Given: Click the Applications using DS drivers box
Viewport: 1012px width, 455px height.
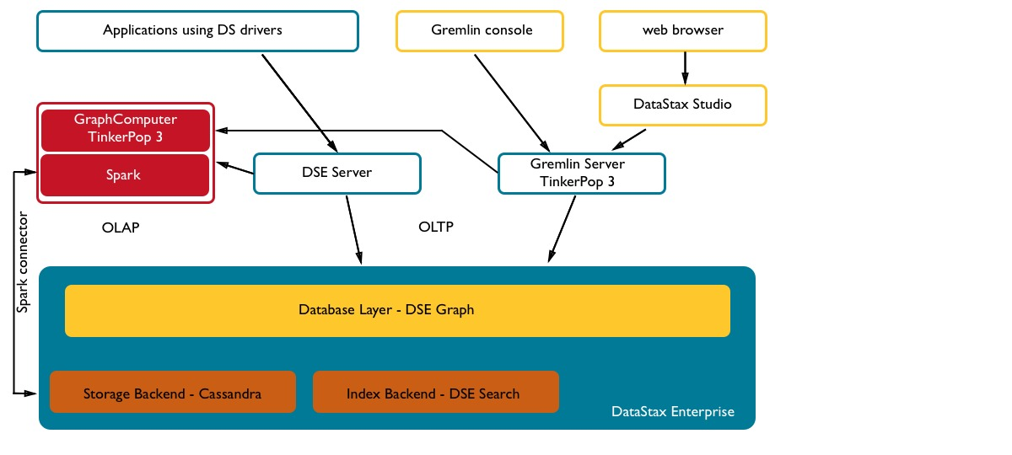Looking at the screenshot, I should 198,30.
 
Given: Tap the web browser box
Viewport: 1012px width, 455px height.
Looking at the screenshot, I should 682,30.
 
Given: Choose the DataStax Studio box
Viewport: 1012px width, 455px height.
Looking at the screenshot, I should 682,105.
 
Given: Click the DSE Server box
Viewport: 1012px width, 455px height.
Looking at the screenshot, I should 337,173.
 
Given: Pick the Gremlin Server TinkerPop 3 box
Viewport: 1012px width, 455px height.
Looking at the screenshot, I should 582,173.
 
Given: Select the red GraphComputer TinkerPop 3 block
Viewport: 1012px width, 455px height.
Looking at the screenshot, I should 125,130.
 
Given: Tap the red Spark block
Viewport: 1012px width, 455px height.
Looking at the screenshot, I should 125,175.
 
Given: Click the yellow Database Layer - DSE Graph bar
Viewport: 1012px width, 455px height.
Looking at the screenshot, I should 397,310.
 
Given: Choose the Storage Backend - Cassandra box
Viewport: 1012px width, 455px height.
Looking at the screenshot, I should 173,393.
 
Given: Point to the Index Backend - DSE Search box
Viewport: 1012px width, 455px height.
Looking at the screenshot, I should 435,393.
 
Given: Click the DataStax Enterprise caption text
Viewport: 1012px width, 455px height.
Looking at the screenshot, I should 672,412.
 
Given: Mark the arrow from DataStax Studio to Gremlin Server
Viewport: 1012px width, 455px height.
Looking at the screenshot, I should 628,138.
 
